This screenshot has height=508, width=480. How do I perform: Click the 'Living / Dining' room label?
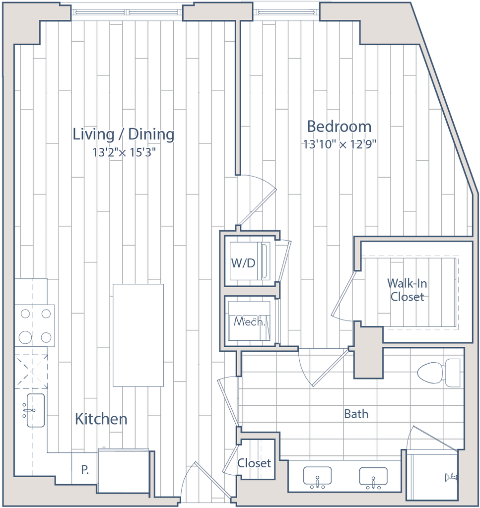pyautogui.click(x=124, y=134)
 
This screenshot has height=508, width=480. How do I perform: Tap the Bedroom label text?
pyautogui.click(x=339, y=127)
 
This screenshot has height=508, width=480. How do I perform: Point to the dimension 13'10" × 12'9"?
pyautogui.click(x=340, y=145)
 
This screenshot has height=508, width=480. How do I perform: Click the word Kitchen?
pyautogui.click(x=101, y=419)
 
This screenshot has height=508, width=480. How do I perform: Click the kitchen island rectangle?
pyautogui.click(x=138, y=335)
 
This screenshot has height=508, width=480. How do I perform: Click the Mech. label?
pyautogui.click(x=249, y=321)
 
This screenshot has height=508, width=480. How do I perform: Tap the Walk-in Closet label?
pyautogui.click(x=408, y=290)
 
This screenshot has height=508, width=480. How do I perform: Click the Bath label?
pyautogui.click(x=356, y=413)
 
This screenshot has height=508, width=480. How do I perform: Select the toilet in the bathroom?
pyautogui.click(x=439, y=373)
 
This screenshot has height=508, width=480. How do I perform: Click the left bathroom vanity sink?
pyautogui.click(x=317, y=476)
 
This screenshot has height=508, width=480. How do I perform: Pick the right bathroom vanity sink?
pyautogui.click(x=373, y=476)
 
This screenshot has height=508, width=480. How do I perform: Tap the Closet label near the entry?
pyautogui.click(x=255, y=463)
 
